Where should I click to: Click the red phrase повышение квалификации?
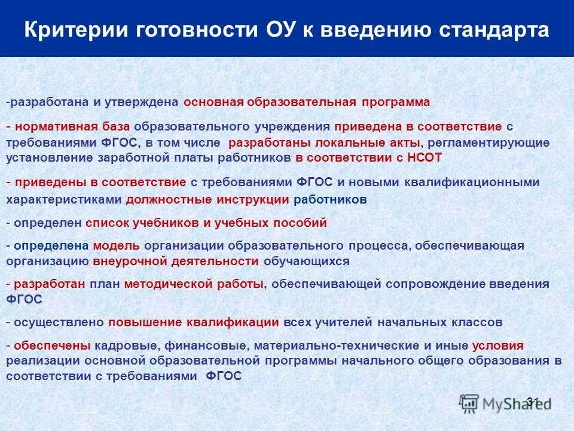point(194,322)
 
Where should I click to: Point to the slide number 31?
point(533,400)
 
